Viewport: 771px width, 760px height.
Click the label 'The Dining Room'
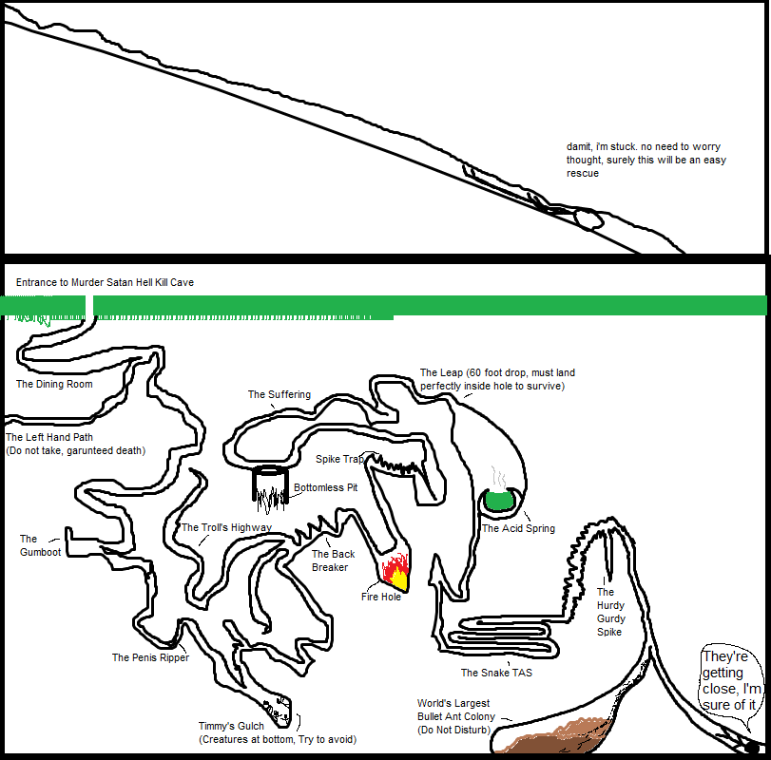54,385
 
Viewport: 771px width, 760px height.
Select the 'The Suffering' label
279,395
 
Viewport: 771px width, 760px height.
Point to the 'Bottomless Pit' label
325,488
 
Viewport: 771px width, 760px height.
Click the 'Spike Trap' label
338,460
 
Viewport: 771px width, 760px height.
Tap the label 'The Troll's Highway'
226,528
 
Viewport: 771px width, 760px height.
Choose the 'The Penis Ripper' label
150,658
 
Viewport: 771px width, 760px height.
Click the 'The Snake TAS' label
496,674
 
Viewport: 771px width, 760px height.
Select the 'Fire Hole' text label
380,598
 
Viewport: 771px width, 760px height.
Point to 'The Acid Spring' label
518,529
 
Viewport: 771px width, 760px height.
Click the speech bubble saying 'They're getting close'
732,680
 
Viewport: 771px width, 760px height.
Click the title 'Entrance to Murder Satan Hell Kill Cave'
105,283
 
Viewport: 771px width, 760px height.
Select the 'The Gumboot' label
40,545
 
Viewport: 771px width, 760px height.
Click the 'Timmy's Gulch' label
231,727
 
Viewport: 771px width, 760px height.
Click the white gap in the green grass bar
89,306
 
